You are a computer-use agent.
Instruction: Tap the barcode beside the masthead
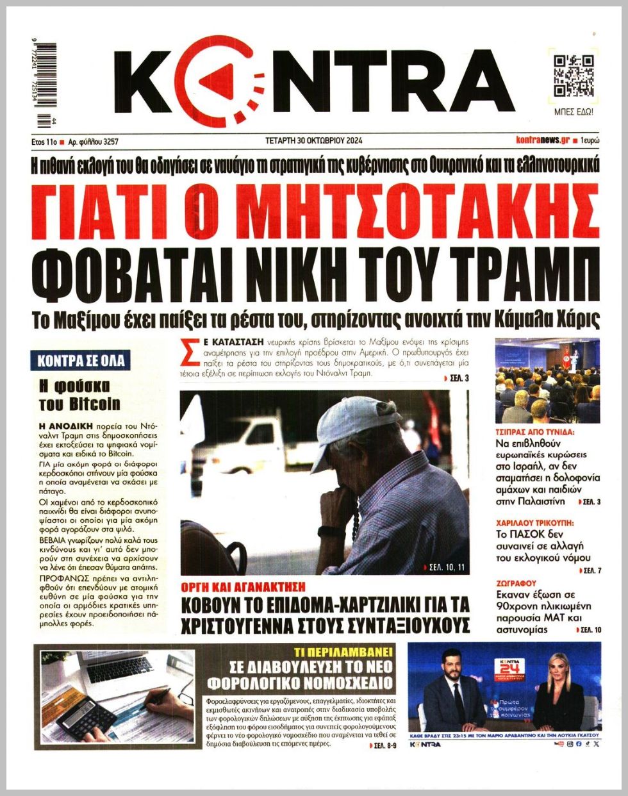47,83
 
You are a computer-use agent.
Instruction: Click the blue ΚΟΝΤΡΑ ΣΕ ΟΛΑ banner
81,361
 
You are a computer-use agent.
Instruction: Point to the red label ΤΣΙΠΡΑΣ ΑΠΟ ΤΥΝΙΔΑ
536,432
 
